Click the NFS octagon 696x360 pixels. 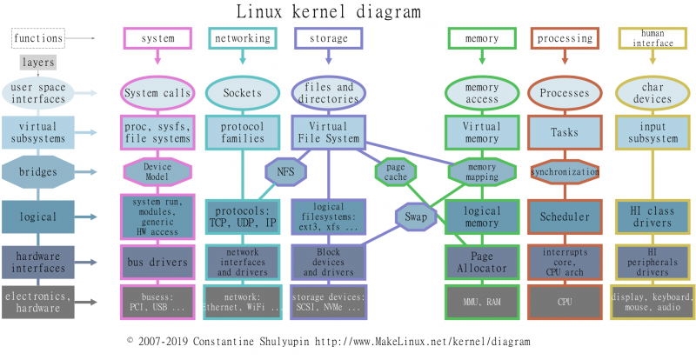coord(286,172)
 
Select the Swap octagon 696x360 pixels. coord(416,217)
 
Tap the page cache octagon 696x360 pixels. coord(396,172)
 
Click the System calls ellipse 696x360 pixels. coord(157,93)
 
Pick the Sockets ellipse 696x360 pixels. coord(243,93)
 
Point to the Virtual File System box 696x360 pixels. coord(329,132)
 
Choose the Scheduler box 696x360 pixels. coord(565,217)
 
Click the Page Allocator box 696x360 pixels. coord(482,263)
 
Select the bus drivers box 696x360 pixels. coord(157,263)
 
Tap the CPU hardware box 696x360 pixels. coord(565,303)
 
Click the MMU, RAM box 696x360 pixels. coord(482,303)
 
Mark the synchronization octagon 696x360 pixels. coord(565,172)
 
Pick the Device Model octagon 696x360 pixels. coord(157,172)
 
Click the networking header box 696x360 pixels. coord(243,38)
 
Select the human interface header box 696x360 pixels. coord(652,38)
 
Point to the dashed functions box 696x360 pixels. coord(38,38)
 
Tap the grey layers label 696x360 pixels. coord(38,63)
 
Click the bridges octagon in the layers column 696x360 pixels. coord(38,172)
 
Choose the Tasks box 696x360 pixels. coord(565,132)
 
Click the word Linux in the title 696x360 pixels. coord(258,11)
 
